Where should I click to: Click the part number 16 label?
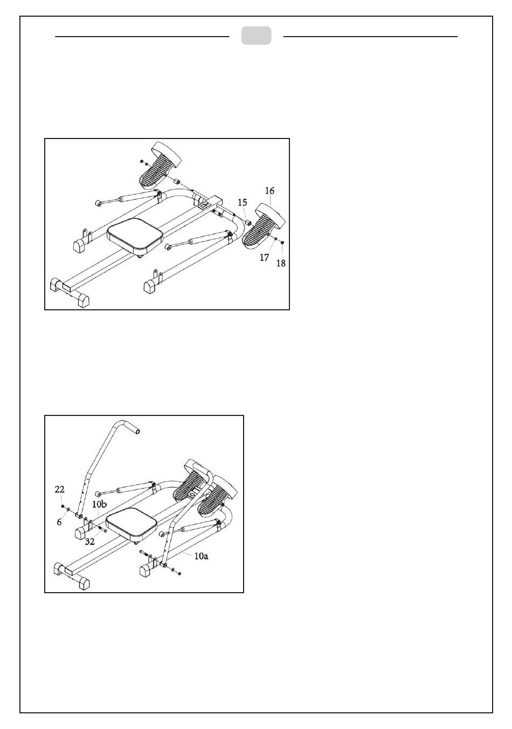pos(269,191)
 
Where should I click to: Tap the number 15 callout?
pos(243,203)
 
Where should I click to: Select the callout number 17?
pos(264,258)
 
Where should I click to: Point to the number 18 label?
pos(281,263)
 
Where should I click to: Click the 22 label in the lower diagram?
pos(59,489)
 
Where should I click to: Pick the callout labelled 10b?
pos(99,504)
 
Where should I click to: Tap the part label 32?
pos(89,541)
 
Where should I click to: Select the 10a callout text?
pos(200,556)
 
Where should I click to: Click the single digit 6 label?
pos(59,522)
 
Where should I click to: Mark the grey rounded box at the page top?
pos(256,36)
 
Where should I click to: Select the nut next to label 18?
pos(282,244)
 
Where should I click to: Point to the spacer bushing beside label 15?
pos(249,223)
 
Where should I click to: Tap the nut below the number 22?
pos(63,507)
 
